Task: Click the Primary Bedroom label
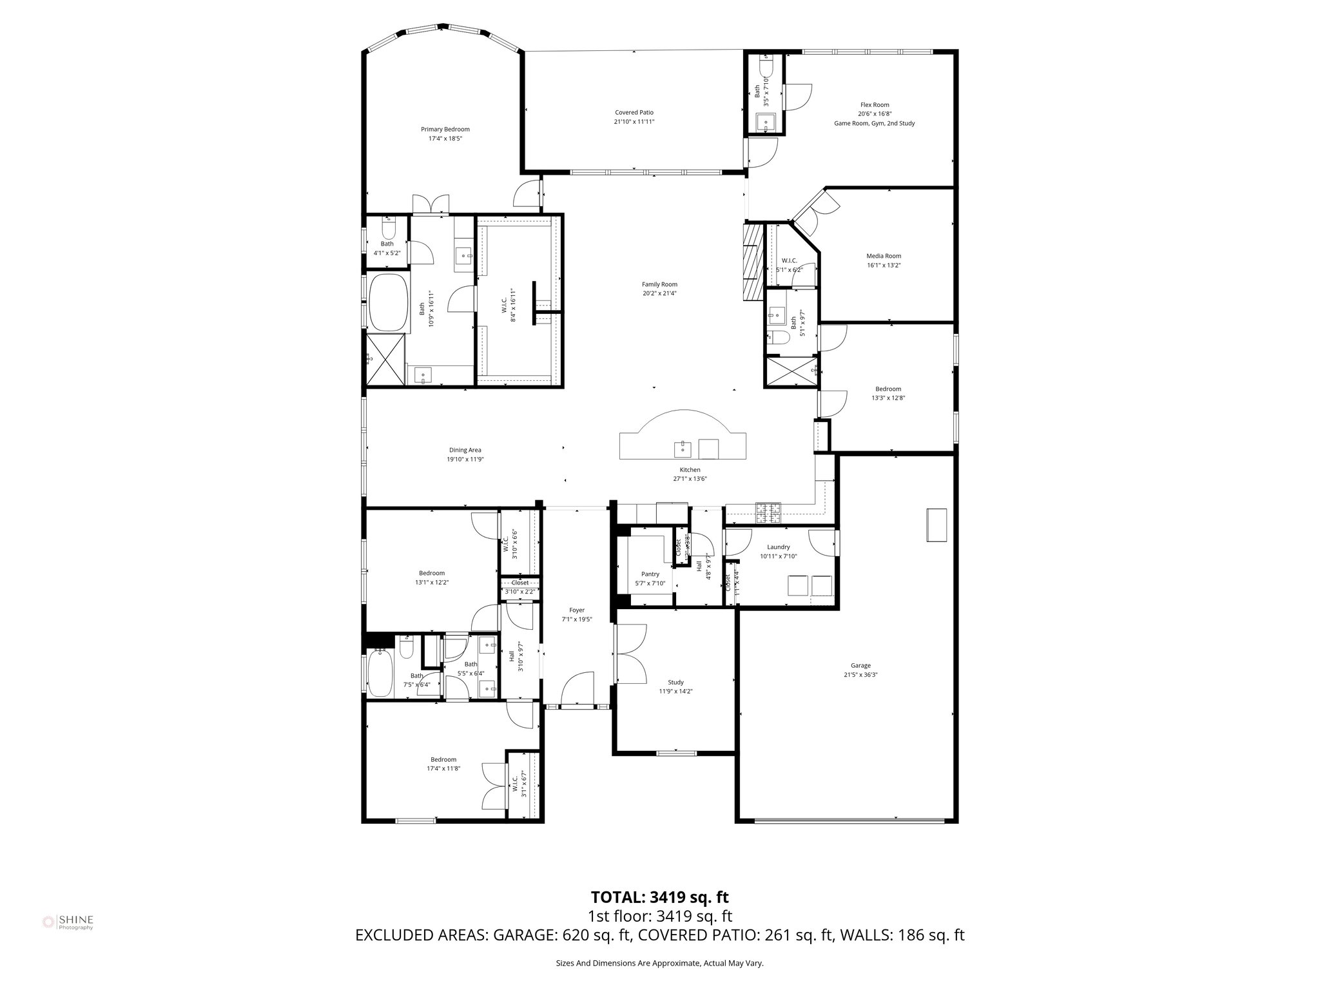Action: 445,129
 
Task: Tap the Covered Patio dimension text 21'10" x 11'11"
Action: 634,122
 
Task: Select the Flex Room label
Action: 874,105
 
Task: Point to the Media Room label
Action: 883,256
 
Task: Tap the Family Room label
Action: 659,284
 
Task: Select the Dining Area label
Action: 465,450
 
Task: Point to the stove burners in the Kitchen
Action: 767,512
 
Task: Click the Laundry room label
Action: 778,547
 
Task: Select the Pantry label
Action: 650,574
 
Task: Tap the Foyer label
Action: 576,610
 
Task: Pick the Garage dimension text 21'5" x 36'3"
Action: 860,675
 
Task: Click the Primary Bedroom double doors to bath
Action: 431,204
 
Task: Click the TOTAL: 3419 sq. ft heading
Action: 659,897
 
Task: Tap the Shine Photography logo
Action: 68,922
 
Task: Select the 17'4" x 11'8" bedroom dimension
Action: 443,768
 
